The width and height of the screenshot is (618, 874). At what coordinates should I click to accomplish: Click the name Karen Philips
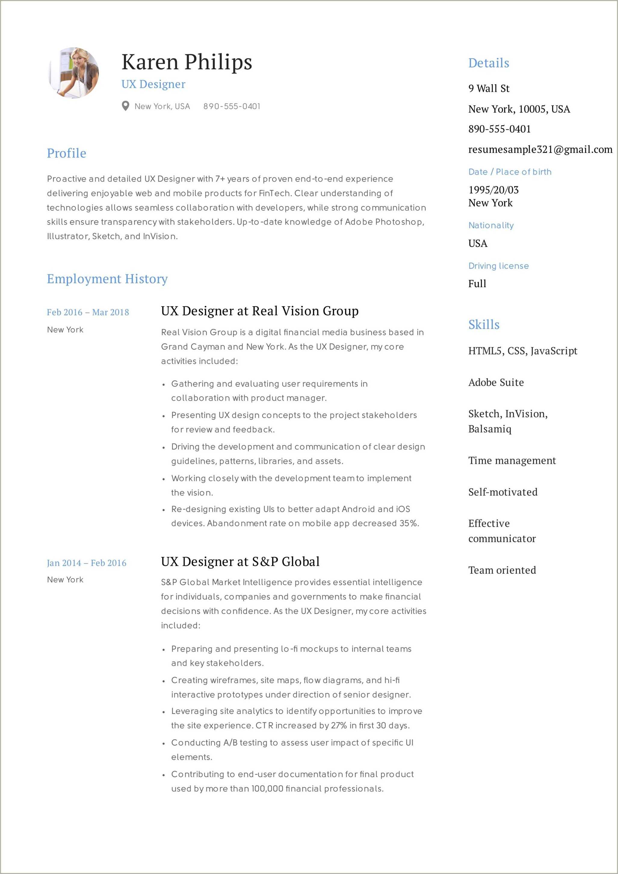coord(187,62)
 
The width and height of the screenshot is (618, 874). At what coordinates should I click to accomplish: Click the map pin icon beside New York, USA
coord(125,106)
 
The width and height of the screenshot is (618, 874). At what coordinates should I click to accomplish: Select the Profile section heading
coord(66,153)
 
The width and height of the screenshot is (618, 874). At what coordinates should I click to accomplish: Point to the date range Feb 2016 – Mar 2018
coord(88,312)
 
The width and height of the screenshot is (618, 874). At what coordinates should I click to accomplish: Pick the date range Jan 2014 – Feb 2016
coord(86,563)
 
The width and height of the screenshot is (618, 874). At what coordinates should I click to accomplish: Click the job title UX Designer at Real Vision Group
coord(260,311)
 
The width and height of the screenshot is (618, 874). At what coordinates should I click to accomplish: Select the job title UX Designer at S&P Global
coord(240,562)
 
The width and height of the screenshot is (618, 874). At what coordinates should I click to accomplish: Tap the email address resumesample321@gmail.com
coord(540,149)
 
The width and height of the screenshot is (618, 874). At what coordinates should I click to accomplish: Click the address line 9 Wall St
coord(489,88)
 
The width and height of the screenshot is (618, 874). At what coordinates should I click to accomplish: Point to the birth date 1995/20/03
coord(493,190)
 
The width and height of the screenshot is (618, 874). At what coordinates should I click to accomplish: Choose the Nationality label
coord(491,225)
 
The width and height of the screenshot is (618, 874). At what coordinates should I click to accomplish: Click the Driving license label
coord(499,266)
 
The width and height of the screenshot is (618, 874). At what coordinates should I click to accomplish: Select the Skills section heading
coord(484,324)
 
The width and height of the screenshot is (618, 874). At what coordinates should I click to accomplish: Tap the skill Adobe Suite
coord(496,382)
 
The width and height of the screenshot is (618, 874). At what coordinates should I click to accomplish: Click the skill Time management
coord(512,460)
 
